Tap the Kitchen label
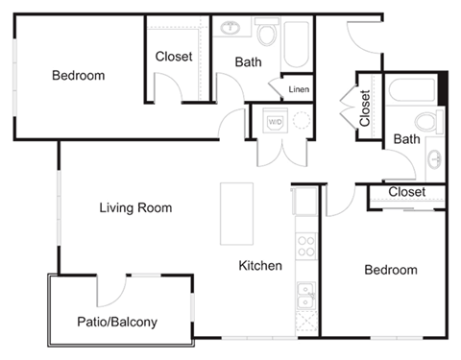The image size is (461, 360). (260, 265)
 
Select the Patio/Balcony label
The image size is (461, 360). (116, 322)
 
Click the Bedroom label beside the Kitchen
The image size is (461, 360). (391, 270)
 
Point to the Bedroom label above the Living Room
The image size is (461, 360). (79, 75)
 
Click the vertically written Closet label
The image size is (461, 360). (365, 108)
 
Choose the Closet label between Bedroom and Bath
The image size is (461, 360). (174, 57)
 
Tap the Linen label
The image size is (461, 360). (298, 89)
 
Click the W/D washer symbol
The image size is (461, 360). (275, 122)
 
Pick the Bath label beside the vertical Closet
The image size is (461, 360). (407, 139)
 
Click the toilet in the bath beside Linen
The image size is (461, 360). (266, 35)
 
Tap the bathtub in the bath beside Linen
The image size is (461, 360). (294, 42)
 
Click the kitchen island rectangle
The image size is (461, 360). (235, 213)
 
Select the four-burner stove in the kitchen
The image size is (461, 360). (305, 245)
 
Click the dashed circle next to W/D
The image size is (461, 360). (302, 121)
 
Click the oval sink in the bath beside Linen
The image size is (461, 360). (231, 26)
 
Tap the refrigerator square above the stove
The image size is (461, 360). (304, 203)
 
